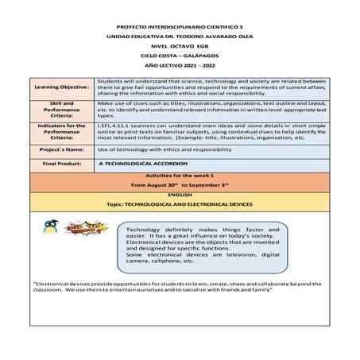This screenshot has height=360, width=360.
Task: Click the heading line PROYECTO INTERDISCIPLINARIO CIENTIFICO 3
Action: (x=179, y=26)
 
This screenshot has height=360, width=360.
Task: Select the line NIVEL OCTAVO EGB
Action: (x=179, y=46)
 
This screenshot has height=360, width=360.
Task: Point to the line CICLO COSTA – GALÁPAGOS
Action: (x=179, y=56)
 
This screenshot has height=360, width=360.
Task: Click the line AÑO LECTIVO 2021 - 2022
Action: (x=179, y=67)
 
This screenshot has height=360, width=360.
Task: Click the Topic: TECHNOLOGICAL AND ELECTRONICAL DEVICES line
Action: (x=179, y=203)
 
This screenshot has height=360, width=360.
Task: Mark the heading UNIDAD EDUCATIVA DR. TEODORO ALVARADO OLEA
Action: (x=179, y=37)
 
